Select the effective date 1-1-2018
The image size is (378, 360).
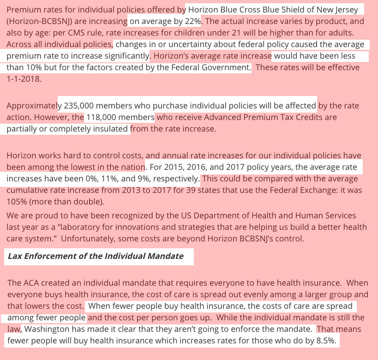pos(23,78)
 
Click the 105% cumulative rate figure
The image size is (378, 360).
pos(16,201)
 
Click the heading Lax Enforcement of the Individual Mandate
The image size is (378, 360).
pos(95,256)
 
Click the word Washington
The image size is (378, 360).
pos(48,330)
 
